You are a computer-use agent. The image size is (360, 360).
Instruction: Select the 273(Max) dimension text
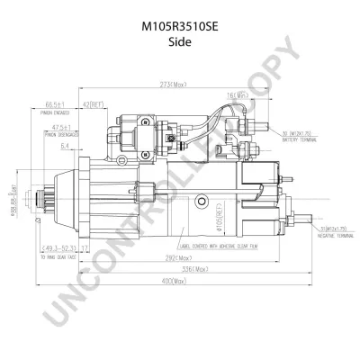[x=174, y=85]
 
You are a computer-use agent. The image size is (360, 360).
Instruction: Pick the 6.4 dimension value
[x=66, y=145]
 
